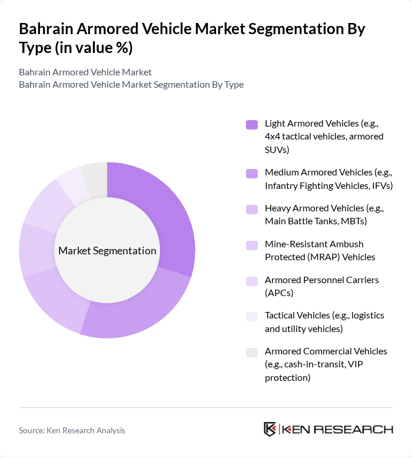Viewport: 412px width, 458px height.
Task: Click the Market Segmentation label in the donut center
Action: (107, 251)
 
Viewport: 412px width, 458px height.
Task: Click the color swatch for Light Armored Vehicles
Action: (252, 124)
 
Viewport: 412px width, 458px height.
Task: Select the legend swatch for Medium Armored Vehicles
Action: (252, 173)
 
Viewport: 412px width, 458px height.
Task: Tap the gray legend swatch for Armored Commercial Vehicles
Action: (252, 352)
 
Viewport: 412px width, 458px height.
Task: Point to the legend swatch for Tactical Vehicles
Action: (252, 316)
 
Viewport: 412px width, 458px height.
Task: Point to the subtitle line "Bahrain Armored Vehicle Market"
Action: (85, 72)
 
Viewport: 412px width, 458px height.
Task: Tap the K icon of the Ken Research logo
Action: (270, 429)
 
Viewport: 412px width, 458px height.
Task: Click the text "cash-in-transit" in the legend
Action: (315, 364)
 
